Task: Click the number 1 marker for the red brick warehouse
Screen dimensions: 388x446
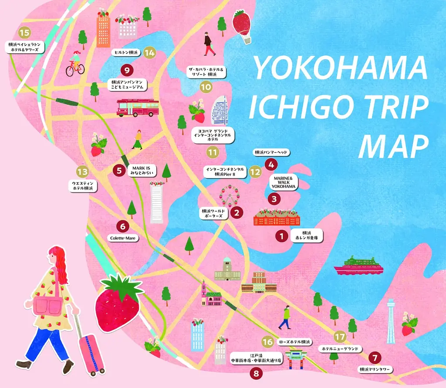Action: click(x=282, y=236)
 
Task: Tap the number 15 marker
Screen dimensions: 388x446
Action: click(x=24, y=32)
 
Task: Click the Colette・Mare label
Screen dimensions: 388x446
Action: click(x=123, y=238)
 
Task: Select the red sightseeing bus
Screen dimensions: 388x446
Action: click(x=138, y=108)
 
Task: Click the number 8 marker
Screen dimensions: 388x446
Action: click(x=256, y=373)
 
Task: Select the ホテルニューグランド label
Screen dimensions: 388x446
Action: click(x=340, y=349)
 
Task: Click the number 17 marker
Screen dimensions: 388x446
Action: click(x=340, y=337)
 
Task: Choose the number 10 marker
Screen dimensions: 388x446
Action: click(x=206, y=87)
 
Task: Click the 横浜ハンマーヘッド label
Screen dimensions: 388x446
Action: click(x=271, y=153)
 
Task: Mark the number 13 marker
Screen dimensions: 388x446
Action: click(x=82, y=171)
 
